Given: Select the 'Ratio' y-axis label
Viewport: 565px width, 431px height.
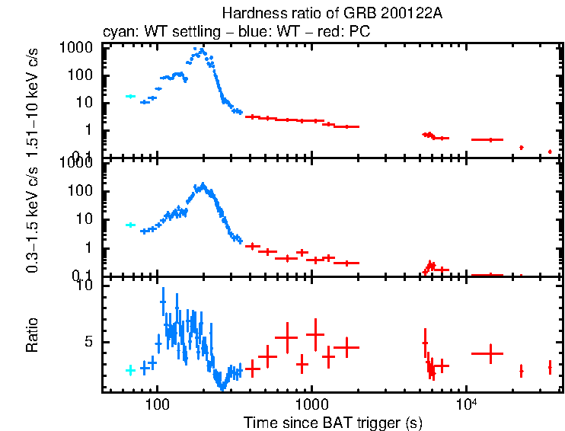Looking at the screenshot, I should click(33, 336).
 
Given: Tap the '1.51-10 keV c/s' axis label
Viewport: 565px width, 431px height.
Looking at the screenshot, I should click(33, 101).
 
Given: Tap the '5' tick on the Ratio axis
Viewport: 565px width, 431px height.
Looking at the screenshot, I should click(88, 342).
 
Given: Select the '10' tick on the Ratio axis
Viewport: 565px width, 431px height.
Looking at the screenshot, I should click(85, 285).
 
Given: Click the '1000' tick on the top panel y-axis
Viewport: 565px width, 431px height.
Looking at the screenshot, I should click(80, 47).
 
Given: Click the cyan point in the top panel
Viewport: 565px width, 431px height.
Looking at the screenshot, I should click(130, 97).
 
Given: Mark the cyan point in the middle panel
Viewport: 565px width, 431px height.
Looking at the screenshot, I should click(130, 225).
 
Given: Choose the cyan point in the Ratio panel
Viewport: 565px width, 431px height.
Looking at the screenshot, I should click(130, 370).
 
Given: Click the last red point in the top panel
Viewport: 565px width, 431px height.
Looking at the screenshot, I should click(550, 152).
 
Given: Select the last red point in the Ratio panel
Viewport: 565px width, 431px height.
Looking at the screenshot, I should click(550, 368).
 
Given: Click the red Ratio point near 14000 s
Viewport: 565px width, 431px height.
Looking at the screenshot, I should click(491, 353).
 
